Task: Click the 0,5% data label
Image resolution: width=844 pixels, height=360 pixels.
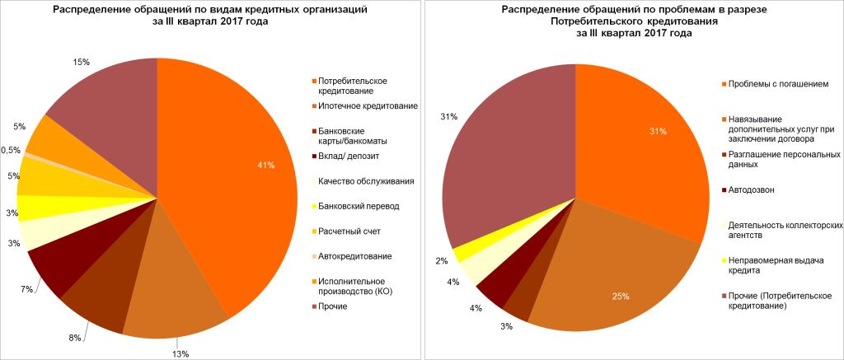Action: pos(11,150)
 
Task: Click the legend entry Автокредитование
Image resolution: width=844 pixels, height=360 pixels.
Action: pos(354,256)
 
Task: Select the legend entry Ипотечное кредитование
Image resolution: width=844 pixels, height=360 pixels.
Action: pos(367,106)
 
